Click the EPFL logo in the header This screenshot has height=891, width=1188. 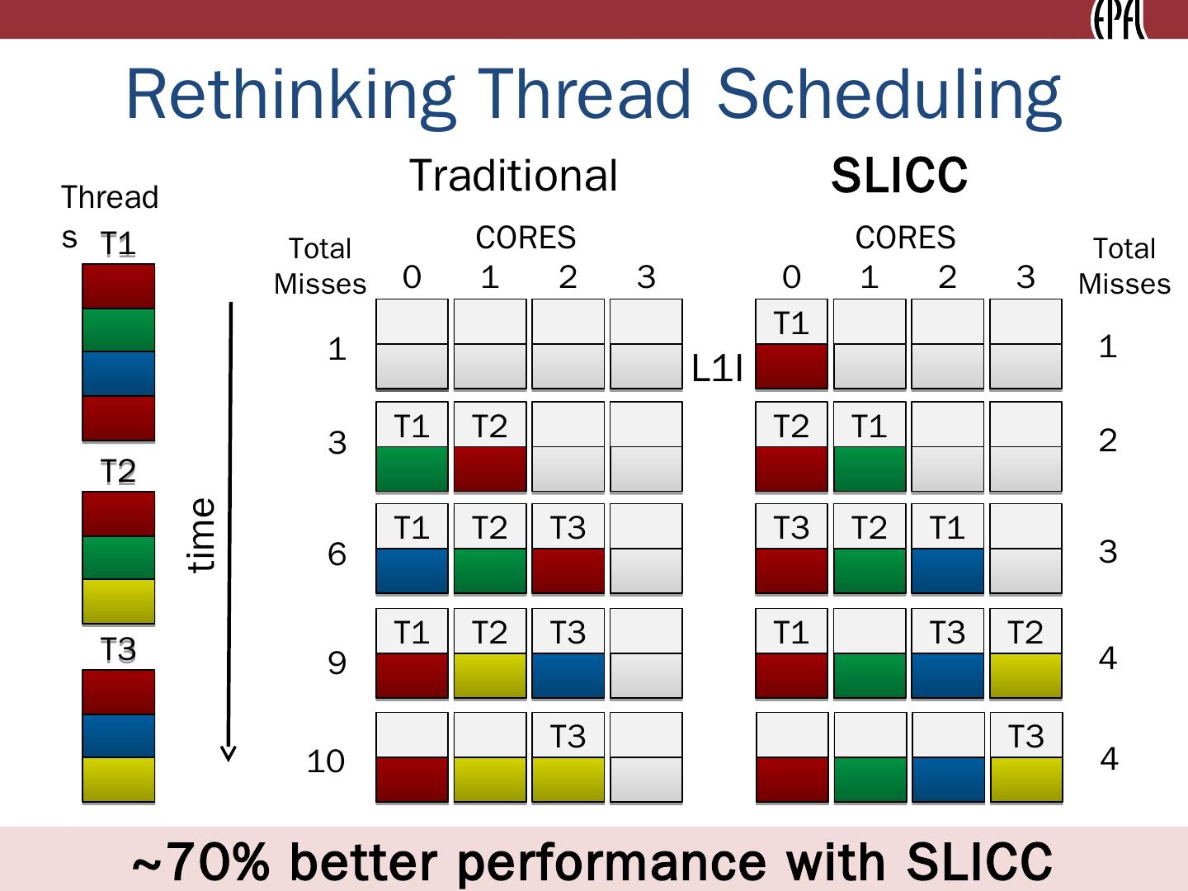[1119, 20]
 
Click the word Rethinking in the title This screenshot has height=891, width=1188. [289, 94]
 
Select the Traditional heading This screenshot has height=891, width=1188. [513, 176]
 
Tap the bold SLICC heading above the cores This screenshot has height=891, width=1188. [898, 176]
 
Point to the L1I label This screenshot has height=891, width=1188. [718, 370]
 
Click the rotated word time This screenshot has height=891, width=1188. [201, 535]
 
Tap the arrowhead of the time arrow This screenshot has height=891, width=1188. [229, 753]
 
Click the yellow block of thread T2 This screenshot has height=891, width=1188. [118, 601]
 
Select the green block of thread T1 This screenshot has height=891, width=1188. [118, 330]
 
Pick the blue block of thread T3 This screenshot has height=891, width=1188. [118, 736]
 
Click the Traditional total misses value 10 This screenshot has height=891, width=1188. [325, 761]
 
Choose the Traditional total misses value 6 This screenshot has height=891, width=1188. [337, 554]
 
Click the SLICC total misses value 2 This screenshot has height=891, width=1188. [1108, 441]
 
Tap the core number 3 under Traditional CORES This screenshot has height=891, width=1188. [646, 277]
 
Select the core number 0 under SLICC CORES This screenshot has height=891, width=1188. [791, 277]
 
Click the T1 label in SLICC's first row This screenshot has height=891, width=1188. [791, 323]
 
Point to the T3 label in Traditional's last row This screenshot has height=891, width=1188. [568, 736]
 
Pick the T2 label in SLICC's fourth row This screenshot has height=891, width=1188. [1025, 633]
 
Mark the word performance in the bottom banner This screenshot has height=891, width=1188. [611, 861]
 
